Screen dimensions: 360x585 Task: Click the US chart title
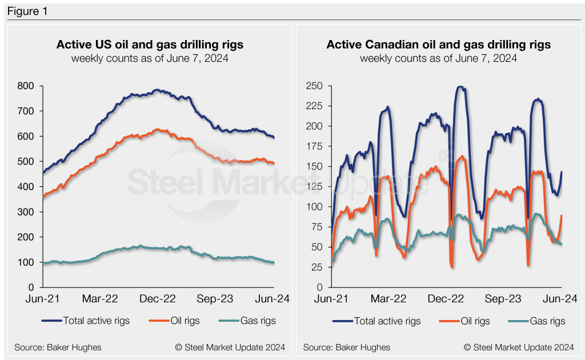click(x=150, y=45)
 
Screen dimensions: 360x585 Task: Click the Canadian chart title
click(x=439, y=45)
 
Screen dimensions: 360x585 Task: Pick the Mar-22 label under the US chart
click(x=100, y=298)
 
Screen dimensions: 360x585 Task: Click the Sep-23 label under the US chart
click(x=217, y=298)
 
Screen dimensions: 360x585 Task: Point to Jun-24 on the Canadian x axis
click(x=563, y=298)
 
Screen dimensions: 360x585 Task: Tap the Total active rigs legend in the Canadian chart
click(x=387, y=321)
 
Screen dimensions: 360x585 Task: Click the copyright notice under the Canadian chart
click(x=519, y=347)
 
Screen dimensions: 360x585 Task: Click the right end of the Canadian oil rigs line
click(x=562, y=215)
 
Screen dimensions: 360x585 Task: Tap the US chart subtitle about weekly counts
click(x=150, y=58)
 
